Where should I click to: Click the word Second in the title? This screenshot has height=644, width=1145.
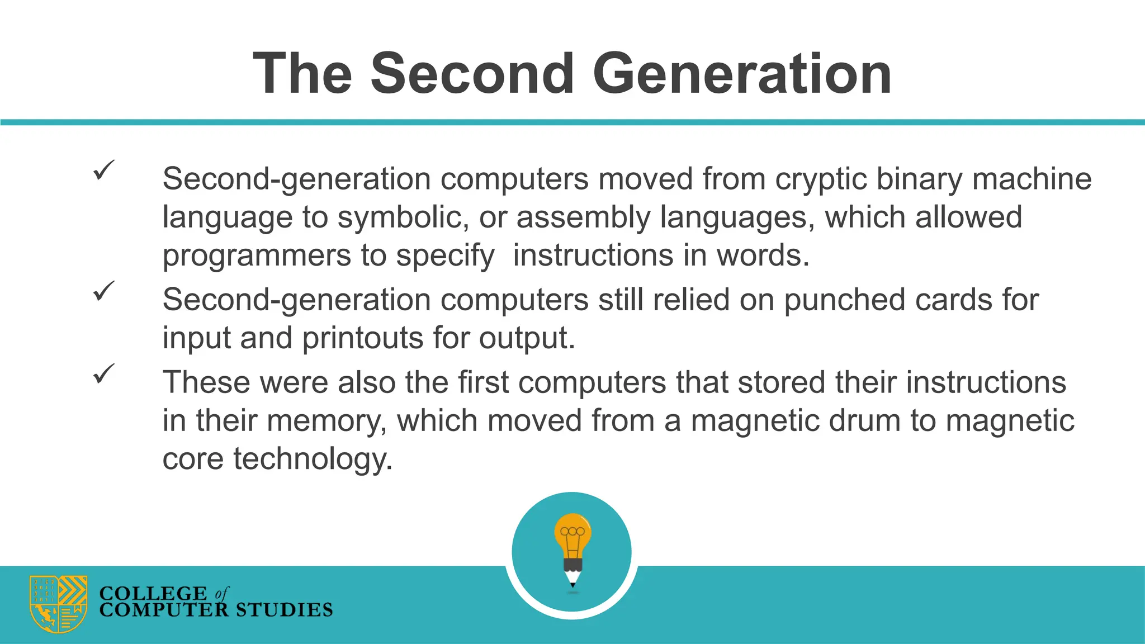472,74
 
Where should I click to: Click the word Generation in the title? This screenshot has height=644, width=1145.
742,74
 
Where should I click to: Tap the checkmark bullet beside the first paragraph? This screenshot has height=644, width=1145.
103,170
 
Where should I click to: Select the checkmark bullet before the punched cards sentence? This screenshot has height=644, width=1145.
103,291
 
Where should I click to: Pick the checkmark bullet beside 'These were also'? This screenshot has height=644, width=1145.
103,373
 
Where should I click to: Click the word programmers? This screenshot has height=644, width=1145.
256,256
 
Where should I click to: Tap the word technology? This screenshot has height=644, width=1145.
313,459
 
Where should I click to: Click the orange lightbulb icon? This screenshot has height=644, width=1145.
572,534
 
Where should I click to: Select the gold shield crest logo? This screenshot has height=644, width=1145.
58,604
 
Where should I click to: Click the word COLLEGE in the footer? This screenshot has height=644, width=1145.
153,593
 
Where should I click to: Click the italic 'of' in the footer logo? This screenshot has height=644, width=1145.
221,593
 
